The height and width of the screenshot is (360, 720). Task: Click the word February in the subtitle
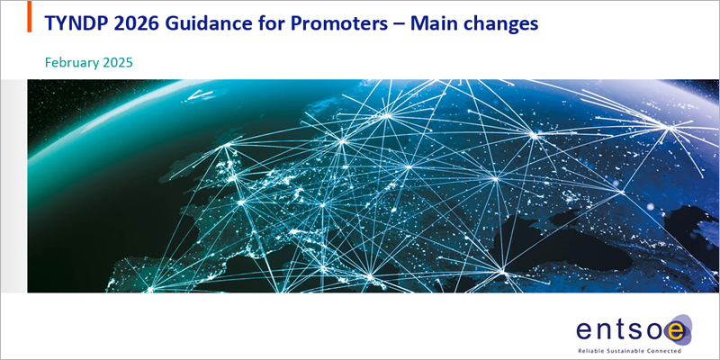[69, 63]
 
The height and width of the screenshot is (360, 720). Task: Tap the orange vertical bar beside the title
[30, 16]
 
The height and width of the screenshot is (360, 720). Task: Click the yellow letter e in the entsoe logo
[678, 331]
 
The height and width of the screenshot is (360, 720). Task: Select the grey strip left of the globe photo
[13, 186]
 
